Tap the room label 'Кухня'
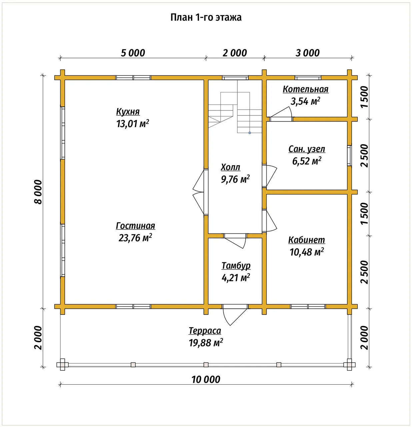pos(128,112)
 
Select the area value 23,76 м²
pos(135,238)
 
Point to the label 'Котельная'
pos(305,89)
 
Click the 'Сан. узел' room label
pos(307,149)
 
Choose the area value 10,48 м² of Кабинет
pos(307,252)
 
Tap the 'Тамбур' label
pos(236,266)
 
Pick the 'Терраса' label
pos(205,331)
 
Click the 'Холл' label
pos(230,167)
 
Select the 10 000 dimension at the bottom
pos(206,379)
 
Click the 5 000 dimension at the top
pos(133,53)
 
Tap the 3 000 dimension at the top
pos(308,53)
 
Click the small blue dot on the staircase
pos(250,133)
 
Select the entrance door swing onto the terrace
pos(235,316)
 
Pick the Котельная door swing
pos(281,113)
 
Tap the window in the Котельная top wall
pos(308,78)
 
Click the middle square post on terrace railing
pos(206,365)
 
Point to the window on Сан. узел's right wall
pos(349,155)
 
